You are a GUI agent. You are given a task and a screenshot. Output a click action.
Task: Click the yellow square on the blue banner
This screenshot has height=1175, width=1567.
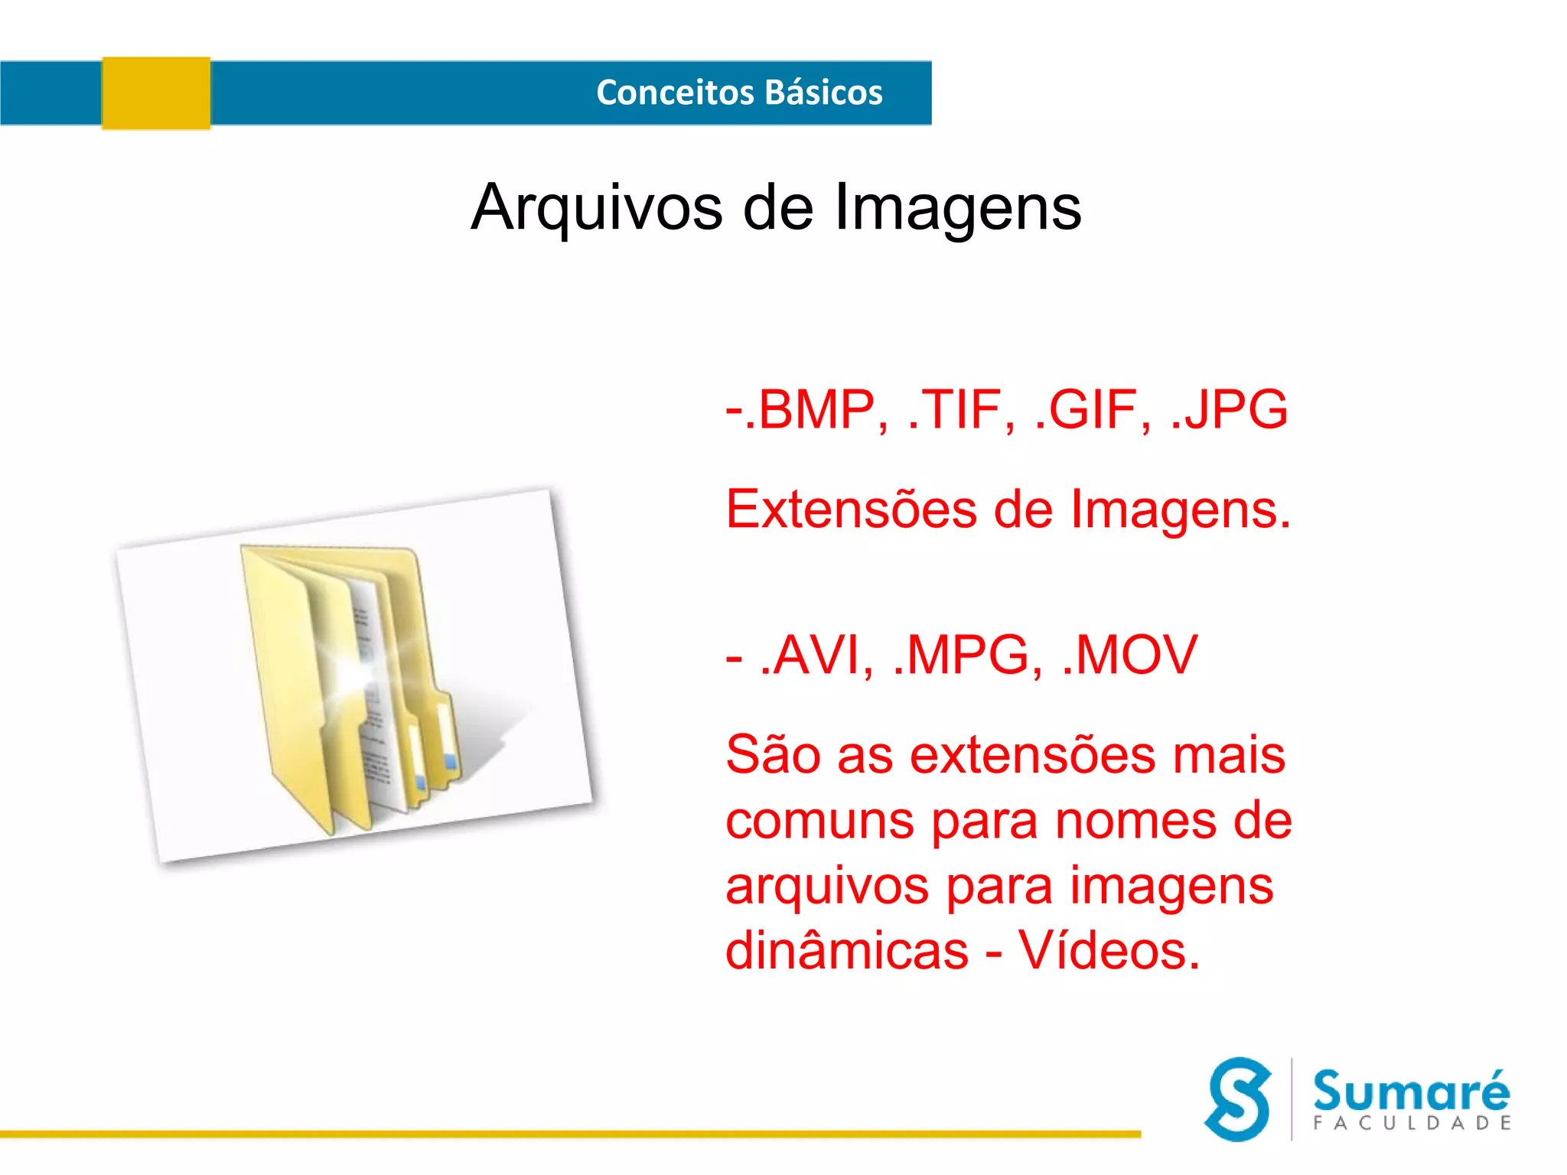click(156, 93)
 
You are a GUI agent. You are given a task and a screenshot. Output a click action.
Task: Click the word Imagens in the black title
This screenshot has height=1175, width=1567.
click(957, 208)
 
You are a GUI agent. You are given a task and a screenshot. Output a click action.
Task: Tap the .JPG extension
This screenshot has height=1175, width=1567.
click(1229, 410)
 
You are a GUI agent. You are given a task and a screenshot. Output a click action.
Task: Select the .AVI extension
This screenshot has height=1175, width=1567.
click(817, 656)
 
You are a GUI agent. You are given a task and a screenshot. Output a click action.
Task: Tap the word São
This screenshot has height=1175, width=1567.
click(772, 755)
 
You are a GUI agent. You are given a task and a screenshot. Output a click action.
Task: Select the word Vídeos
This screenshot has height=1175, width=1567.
click(1109, 951)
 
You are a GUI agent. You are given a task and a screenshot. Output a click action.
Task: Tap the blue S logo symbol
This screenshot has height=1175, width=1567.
click(1238, 1099)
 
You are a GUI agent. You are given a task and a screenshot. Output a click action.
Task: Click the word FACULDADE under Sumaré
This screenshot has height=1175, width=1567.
click(1412, 1123)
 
